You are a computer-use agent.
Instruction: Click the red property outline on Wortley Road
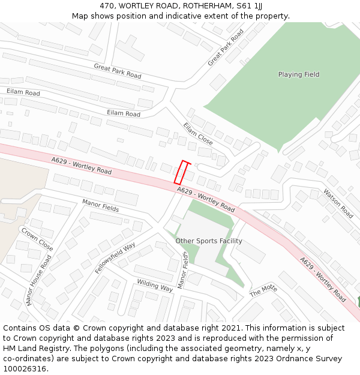pyautogui.click(x=184, y=172)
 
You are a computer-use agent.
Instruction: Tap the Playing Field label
pyautogui.click(x=298, y=74)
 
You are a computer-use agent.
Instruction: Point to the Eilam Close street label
pyautogui.click(x=198, y=133)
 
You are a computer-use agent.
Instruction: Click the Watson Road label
pyautogui.click(x=338, y=203)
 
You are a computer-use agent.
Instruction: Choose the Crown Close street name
pyautogui.click(x=37, y=239)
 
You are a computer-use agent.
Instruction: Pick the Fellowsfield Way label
pyautogui.click(x=115, y=258)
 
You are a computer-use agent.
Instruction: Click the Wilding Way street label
pyautogui.click(x=155, y=285)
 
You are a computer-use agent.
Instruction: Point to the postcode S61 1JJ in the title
pyautogui.click(x=248, y=6)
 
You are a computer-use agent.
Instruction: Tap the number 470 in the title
pyautogui.click(x=107, y=6)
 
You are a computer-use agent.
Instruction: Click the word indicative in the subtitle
pyautogui.click(x=191, y=16)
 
